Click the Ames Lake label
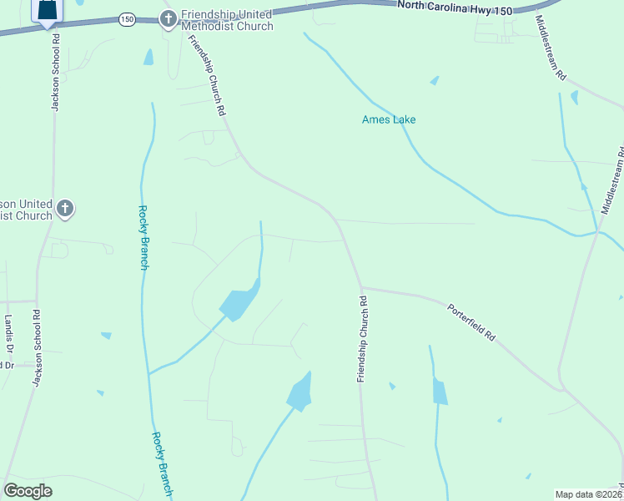point(389,120)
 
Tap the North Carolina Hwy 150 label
point(456,6)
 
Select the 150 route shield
point(126,18)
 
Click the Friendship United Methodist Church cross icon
point(168,19)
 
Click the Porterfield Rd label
point(471,321)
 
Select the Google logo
point(28,491)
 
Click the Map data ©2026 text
point(588,494)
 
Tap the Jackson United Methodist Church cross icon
point(65,208)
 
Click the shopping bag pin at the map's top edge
point(48,10)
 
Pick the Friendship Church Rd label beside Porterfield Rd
point(362,338)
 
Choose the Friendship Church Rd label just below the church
point(207,75)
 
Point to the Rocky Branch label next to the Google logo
point(161,463)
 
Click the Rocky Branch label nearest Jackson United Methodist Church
point(143,238)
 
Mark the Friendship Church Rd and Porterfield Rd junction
point(360,288)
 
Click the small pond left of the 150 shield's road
point(148,57)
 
